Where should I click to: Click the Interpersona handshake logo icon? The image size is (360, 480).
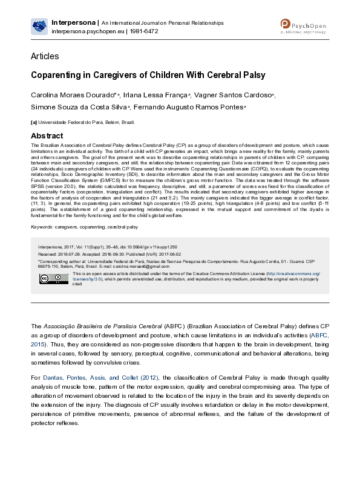[x=40, y=25]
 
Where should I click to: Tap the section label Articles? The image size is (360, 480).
[x=45, y=56]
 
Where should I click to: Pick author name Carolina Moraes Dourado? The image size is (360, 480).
[x=73, y=96]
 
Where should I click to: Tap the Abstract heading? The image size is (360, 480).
[x=47, y=135]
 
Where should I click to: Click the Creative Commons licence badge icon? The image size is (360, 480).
[x=46, y=279]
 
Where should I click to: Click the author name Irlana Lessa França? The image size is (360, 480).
[x=156, y=96]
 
